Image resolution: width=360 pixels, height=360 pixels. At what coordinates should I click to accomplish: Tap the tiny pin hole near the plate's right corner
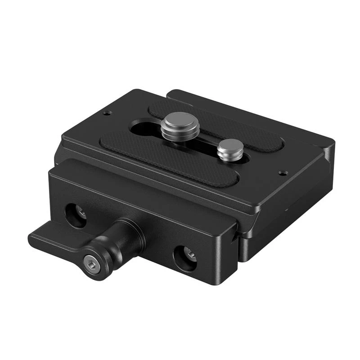(282, 172)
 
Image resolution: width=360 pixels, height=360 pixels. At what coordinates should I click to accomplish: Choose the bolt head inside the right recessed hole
(189, 256)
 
